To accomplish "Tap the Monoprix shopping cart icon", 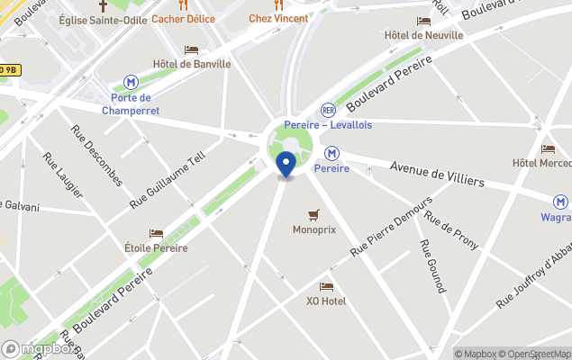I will [313, 214].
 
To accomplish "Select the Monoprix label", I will [313, 229].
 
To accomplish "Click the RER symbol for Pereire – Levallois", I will [328, 109].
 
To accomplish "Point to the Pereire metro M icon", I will [331, 153].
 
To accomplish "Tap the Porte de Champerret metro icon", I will [132, 81].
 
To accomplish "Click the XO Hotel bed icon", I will [326, 286].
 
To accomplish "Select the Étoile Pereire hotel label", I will [157, 247].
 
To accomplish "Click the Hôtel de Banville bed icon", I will [191, 49].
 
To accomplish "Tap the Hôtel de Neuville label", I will [423, 35].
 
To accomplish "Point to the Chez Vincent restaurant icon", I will [278, 4].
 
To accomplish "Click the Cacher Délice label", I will [183, 19].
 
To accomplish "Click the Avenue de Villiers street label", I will [437, 173].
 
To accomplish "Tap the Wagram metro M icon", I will [560, 202].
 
